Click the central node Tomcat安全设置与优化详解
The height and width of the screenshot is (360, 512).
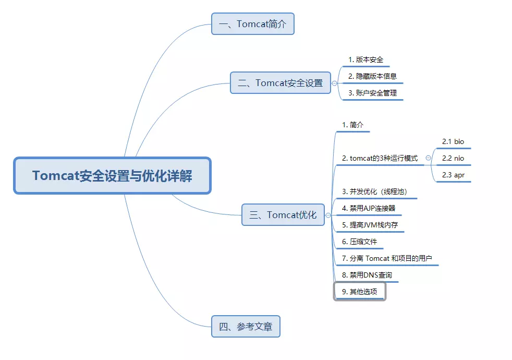[112, 175]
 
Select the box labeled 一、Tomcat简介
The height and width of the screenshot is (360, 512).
[253, 24]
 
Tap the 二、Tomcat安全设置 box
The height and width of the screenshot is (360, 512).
[281, 83]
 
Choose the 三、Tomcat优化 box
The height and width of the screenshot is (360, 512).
[283, 214]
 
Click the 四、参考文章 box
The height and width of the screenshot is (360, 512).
[246, 327]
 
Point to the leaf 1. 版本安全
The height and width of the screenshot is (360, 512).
[365, 60]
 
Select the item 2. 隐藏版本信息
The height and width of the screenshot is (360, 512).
[373, 77]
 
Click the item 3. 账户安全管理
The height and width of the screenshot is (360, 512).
[373, 93]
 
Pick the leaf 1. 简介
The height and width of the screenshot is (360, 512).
[352, 125]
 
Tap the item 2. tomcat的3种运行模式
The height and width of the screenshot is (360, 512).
[380, 159]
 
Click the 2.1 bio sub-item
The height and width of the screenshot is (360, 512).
[453, 142]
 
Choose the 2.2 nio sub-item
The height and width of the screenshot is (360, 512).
[453, 159]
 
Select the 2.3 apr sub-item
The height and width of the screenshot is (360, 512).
[453, 175]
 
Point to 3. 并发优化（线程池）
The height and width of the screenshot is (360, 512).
[375, 192]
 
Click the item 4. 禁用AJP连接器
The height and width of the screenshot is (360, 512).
[369, 208]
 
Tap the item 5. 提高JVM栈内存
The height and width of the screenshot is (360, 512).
[370, 225]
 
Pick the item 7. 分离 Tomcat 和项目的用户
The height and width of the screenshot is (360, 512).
[387, 258]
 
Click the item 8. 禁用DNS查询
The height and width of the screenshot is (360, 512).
[367, 275]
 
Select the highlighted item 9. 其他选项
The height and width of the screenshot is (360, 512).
[360, 292]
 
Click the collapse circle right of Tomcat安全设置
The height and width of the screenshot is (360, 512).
[334, 83]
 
